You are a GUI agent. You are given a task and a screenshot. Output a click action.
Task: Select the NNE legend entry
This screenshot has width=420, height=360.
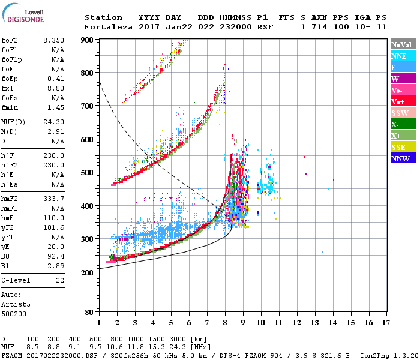[398, 56]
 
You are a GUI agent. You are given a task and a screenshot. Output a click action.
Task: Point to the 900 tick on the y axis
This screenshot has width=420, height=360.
[87, 40]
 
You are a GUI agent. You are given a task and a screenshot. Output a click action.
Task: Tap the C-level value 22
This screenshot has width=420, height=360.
[60, 280]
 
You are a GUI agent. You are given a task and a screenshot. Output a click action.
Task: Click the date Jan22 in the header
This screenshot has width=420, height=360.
[169, 27]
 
